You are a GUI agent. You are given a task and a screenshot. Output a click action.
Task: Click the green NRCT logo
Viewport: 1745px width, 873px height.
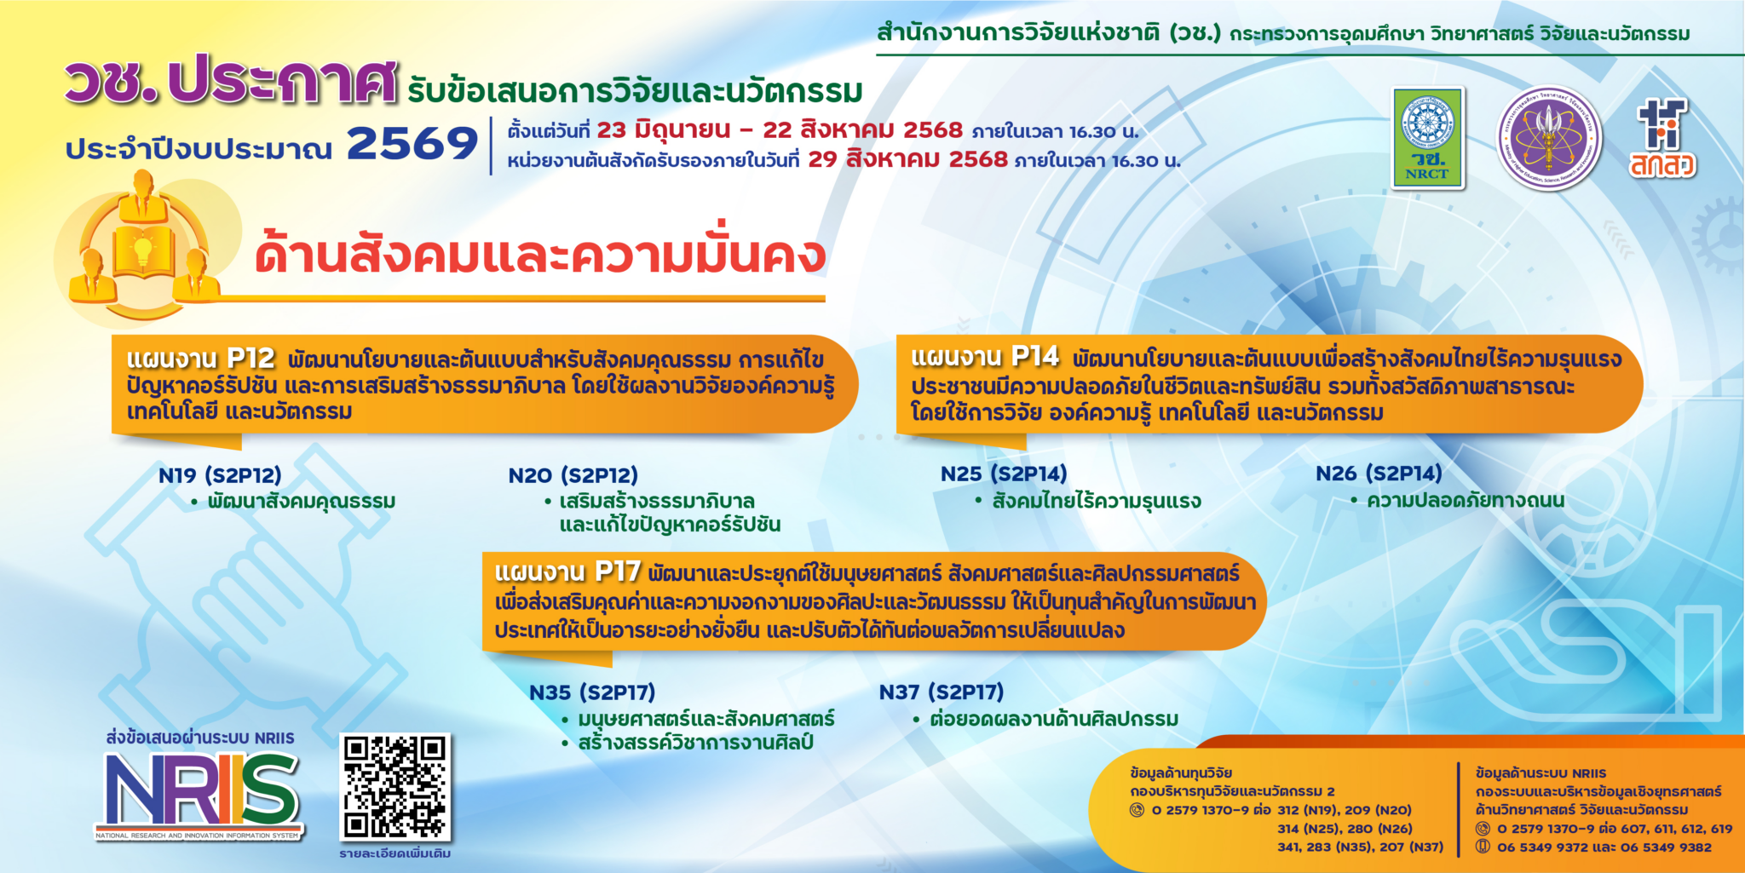point(1428,138)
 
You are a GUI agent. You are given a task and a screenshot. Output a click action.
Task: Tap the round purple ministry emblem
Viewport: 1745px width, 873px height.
point(1549,138)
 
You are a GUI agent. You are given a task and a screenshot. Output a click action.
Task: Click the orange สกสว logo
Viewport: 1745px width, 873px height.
point(1662,138)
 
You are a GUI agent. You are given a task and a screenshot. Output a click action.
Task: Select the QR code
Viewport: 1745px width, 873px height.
point(394,787)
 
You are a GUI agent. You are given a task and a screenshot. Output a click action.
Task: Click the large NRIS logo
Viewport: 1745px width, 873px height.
point(201,792)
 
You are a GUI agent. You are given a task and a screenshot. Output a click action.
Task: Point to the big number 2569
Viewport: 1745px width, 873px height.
point(412,143)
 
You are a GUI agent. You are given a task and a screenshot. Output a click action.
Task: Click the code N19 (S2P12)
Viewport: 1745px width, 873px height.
point(220,475)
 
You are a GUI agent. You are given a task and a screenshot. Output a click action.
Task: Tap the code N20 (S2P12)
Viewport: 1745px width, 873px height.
point(573,475)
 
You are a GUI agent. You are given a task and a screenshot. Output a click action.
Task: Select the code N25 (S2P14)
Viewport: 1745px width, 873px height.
point(1003,474)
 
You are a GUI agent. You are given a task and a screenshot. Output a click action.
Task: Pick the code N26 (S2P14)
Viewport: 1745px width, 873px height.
point(1379,474)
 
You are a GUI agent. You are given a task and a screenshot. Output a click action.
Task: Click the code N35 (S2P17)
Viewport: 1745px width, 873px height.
point(592,692)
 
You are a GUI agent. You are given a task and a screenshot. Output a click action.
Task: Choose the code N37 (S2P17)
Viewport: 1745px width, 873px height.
point(942,692)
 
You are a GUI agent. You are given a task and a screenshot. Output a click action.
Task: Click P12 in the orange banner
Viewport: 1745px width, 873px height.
point(251,358)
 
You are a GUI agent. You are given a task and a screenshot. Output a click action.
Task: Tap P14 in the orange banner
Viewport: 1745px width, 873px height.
point(1034,356)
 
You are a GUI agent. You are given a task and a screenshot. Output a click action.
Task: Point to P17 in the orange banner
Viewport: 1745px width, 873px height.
point(617,571)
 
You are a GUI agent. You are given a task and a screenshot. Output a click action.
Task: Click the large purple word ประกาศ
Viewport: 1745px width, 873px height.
point(282,83)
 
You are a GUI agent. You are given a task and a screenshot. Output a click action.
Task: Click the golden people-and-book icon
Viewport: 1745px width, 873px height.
point(143,247)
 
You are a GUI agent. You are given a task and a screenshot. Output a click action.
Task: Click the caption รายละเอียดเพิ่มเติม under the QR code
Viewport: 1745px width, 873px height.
point(394,853)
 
